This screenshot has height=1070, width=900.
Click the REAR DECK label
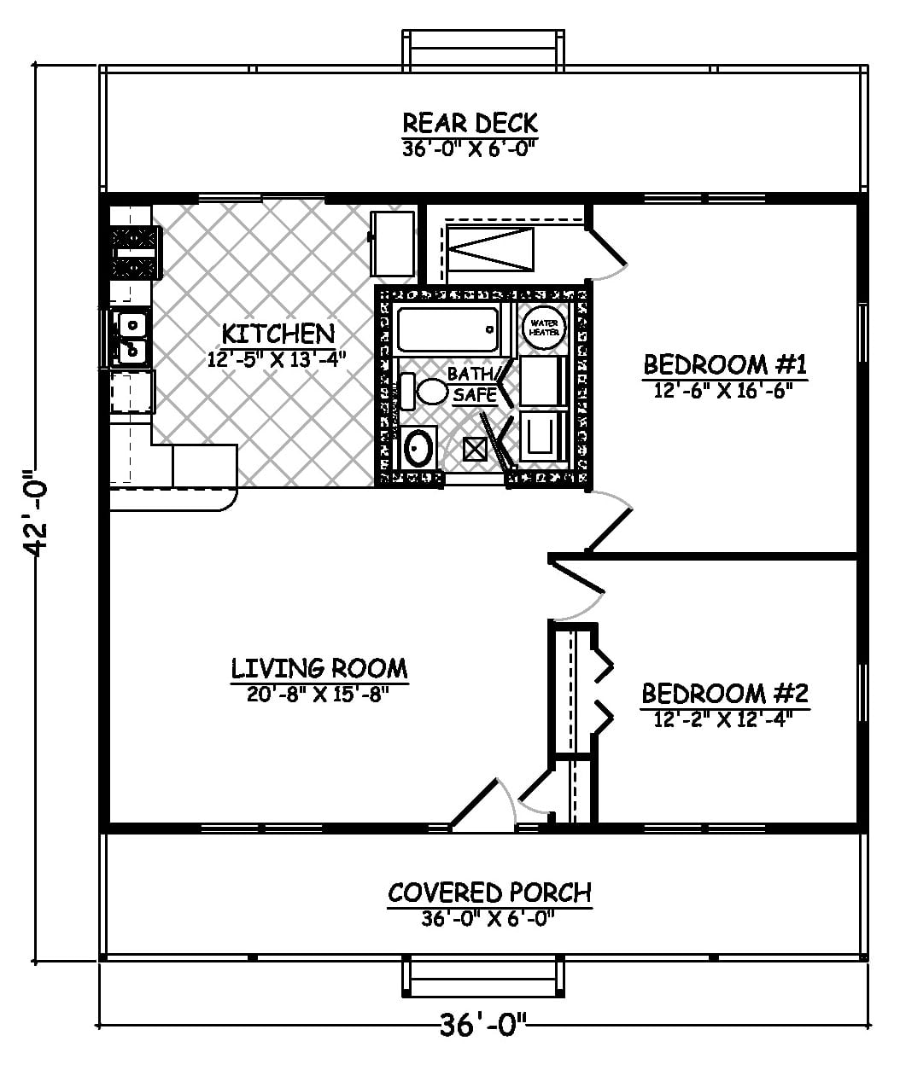click(x=470, y=123)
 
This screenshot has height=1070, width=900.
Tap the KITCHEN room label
click(x=278, y=333)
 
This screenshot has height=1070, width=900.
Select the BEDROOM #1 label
click(x=725, y=365)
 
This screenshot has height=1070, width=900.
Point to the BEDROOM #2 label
click(x=725, y=692)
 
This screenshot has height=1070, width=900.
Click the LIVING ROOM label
click(x=319, y=667)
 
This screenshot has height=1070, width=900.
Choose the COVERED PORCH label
click(x=489, y=893)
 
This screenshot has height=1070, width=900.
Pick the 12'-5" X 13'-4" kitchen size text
click(x=277, y=358)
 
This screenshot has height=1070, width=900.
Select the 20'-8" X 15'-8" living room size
click(x=319, y=694)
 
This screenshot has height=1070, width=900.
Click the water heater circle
click(x=544, y=327)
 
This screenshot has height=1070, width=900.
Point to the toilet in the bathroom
click(x=425, y=392)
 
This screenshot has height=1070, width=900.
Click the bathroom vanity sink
click(x=419, y=448)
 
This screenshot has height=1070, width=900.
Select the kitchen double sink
click(x=130, y=336)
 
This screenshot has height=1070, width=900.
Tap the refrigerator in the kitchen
click(x=392, y=242)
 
